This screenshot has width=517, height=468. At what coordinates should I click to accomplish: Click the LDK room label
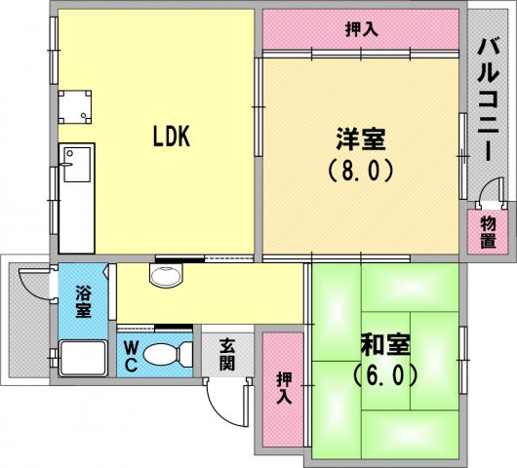(172, 136)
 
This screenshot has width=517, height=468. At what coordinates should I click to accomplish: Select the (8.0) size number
(361, 170)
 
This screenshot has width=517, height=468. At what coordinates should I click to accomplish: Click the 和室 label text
(385, 345)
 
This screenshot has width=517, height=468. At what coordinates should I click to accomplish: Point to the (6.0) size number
(384, 375)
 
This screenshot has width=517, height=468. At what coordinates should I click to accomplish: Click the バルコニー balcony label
(489, 99)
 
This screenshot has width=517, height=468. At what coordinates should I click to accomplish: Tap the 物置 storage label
(489, 233)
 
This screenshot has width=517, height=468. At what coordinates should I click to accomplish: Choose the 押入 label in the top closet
(361, 29)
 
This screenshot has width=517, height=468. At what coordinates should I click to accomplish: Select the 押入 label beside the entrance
(284, 388)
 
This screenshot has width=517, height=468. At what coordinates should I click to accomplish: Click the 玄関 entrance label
(227, 355)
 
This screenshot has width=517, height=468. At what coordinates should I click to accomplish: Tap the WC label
(131, 356)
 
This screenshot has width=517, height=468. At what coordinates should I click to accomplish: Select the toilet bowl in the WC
(168, 355)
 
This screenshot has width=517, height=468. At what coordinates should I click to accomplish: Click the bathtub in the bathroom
(83, 358)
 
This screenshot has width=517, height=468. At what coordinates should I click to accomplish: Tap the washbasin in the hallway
(166, 275)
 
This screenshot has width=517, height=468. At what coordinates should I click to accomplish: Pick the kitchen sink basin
(77, 165)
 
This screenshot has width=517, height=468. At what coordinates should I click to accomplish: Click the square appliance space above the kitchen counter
(75, 107)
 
